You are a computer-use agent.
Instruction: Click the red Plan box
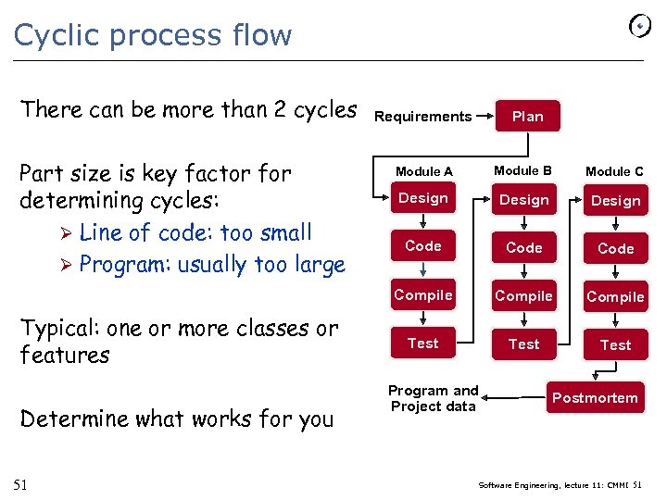pyautogui.click(x=528, y=116)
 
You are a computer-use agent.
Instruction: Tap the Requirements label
pyautogui.click(x=422, y=116)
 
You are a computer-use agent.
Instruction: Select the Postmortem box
pyautogui.click(x=595, y=398)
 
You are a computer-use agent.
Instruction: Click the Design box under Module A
pyautogui.click(x=422, y=198)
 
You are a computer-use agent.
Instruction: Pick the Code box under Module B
pyautogui.click(x=523, y=247)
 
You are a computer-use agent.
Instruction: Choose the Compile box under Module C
pyautogui.click(x=615, y=296)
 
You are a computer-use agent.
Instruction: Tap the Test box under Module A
pyautogui.click(x=422, y=344)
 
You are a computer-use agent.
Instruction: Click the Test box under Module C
pyautogui.click(x=615, y=344)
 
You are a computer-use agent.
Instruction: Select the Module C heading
pyautogui.click(x=614, y=171)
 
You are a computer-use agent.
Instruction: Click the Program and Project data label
pyautogui.click(x=433, y=398)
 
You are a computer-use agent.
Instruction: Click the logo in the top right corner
pyautogui.click(x=640, y=25)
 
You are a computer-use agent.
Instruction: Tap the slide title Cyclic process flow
pyautogui.click(x=153, y=35)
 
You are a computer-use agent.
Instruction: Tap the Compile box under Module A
pyautogui.click(x=422, y=295)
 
